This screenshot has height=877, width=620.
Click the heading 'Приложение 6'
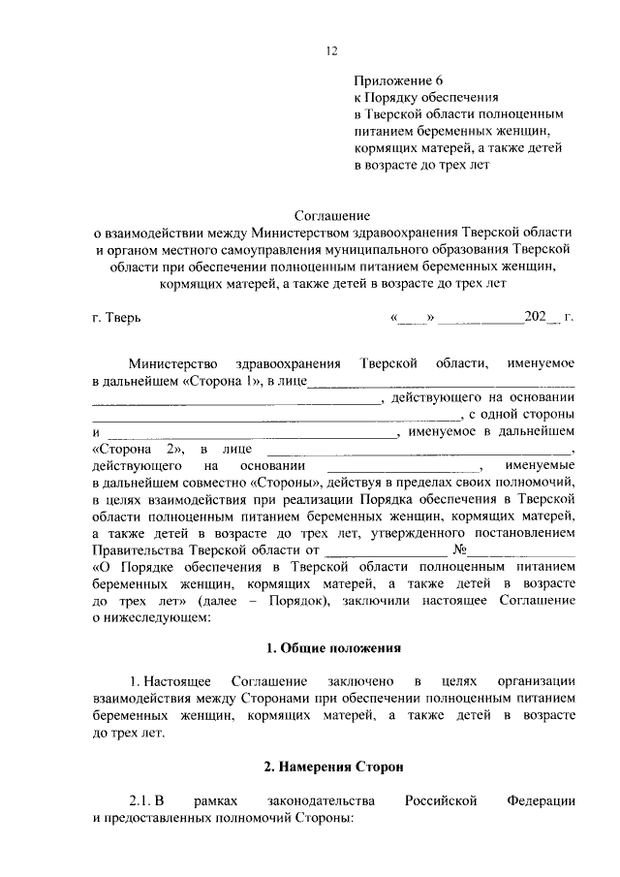[x=399, y=80]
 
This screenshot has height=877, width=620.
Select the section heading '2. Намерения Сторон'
[x=333, y=767]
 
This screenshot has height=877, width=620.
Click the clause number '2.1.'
[x=142, y=801]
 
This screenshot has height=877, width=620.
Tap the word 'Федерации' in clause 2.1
[x=541, y=801]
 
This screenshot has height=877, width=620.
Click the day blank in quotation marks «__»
[x=416, y=317]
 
